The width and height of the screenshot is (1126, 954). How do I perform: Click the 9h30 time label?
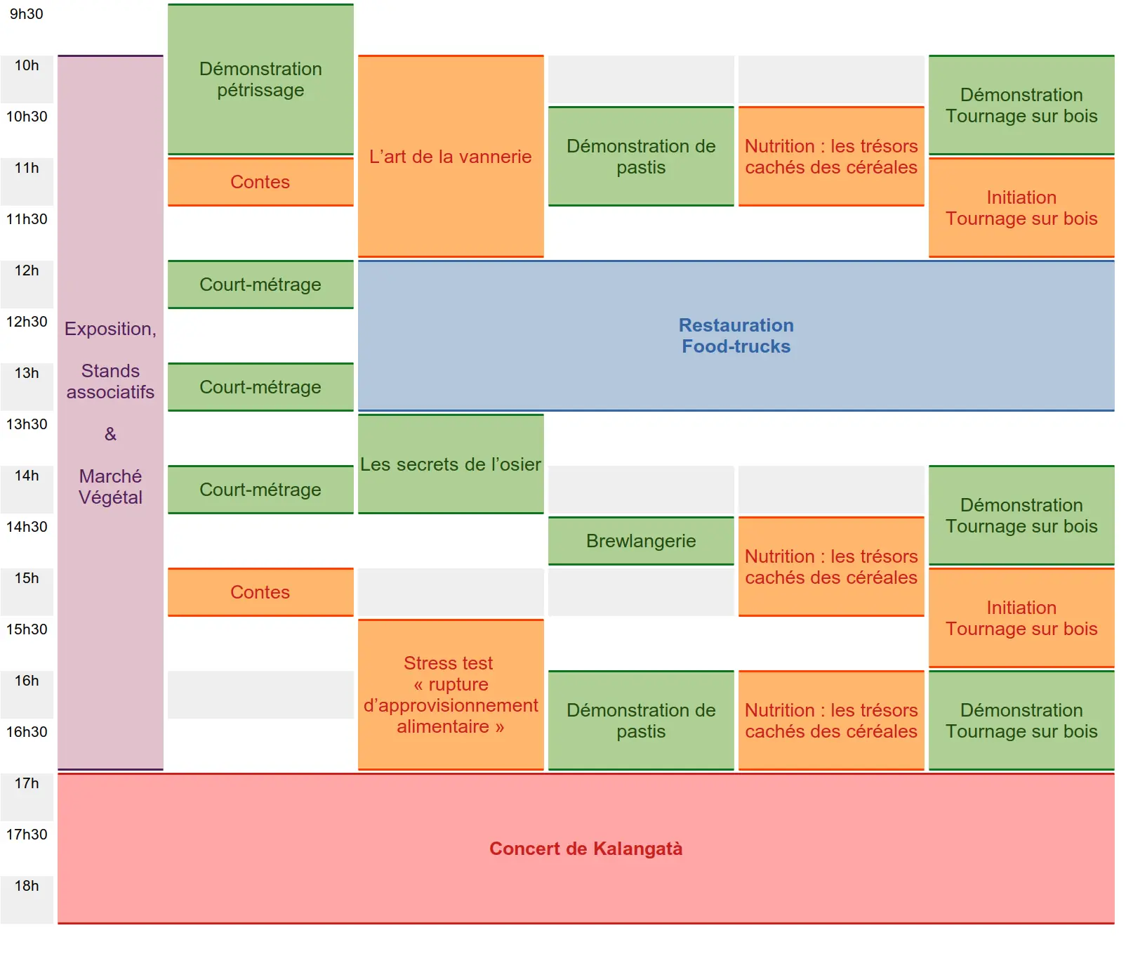coord(27,14)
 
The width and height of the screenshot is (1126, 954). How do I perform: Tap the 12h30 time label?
coord(27,322)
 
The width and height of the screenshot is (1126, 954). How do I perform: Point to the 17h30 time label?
coord(27,835)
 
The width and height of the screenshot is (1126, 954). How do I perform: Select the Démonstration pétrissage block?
coord(260,79)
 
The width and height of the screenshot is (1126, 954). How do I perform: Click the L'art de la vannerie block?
coord(451,157)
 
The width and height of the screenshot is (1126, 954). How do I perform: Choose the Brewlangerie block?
coord(641,541)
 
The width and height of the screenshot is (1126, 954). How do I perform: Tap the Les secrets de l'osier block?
coord(451,464)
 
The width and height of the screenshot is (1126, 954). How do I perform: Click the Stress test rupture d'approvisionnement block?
coord(451,695)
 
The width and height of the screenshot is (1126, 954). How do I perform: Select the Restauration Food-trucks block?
coord(736,336)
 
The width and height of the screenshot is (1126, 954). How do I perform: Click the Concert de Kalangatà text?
coord(585,849)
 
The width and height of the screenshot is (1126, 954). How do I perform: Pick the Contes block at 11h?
coord(260,182)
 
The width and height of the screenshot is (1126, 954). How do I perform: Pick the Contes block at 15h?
coord(260,592)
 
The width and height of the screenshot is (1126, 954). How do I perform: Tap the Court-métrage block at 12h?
coord(260,285)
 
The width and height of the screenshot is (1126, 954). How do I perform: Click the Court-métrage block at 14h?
coord(260,490)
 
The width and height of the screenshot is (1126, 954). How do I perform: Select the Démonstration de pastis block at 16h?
coord(641,721)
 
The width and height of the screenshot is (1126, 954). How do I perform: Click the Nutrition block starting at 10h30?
coord(831,157)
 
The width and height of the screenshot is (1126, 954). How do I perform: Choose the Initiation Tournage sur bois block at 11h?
coord(1021,208)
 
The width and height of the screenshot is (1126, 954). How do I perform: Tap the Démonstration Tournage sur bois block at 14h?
coord(1021,516)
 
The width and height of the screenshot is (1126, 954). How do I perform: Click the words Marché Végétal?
coord(110,487)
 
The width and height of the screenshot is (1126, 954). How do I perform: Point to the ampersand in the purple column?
coord(110,434)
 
